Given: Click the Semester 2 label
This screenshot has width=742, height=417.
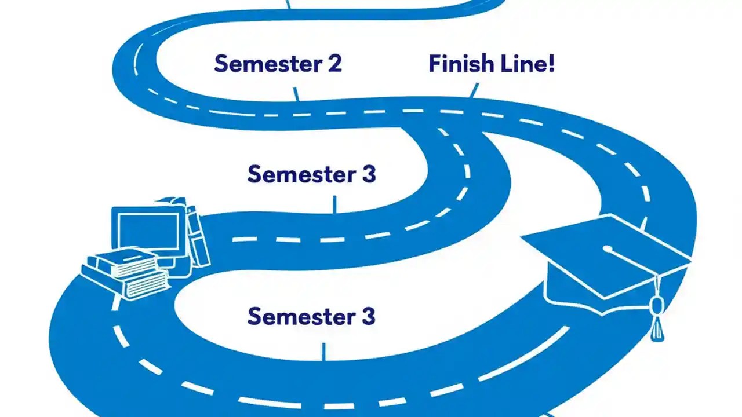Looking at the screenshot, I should click(x=278, y=64).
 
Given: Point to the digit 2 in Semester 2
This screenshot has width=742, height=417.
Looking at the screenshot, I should click(x=333, y=64).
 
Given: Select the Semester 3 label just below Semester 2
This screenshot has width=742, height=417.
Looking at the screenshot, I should click(x=311, y=174).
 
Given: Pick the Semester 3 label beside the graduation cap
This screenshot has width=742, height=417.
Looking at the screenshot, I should click(x=311, y=317).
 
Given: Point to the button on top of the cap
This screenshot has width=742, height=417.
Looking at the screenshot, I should click(x=607, y=250).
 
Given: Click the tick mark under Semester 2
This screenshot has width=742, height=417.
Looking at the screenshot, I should click(x=296, y=94).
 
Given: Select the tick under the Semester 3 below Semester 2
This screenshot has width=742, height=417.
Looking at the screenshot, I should click(x=334, y=204).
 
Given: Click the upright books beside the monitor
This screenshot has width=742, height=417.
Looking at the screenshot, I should click(x=197, y=235).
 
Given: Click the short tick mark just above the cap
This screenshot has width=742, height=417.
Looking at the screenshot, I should click(x=643, y=224).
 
